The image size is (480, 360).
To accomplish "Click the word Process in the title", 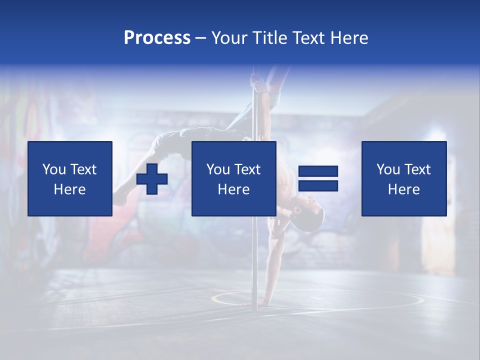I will coord(157,38).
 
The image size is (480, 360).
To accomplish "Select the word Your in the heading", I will coord(229,38).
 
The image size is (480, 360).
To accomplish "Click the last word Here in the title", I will coord(349,38).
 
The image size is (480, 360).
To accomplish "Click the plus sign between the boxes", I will coord(152,179).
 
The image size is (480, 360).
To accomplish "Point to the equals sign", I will coord(318,179).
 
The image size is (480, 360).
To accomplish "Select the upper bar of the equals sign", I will coord(318,172).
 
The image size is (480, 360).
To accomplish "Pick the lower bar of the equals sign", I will coord(318,186).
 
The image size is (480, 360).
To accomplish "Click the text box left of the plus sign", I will coord(70,178).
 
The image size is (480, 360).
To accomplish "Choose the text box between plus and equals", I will coord(233,178).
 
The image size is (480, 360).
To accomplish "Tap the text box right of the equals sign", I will coord(403,178).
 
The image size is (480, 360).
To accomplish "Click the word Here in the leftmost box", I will coord(70,189).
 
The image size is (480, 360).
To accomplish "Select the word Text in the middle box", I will coord(246,169).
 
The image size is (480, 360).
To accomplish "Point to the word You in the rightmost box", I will coord(388,169).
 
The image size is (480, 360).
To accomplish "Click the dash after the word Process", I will coord(200,38).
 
